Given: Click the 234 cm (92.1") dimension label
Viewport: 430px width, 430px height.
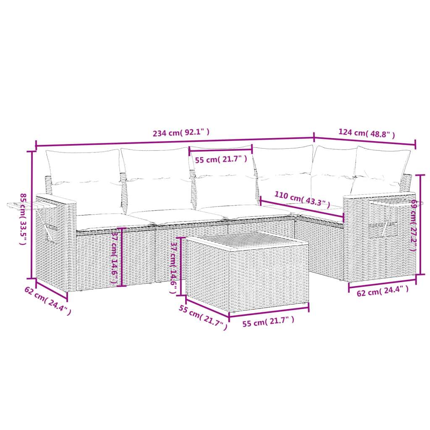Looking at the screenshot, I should pos(181,134).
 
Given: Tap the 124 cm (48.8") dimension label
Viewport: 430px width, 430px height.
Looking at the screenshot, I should pos(367,134).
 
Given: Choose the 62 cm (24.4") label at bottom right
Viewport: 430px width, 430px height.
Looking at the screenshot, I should pos(382,290).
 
